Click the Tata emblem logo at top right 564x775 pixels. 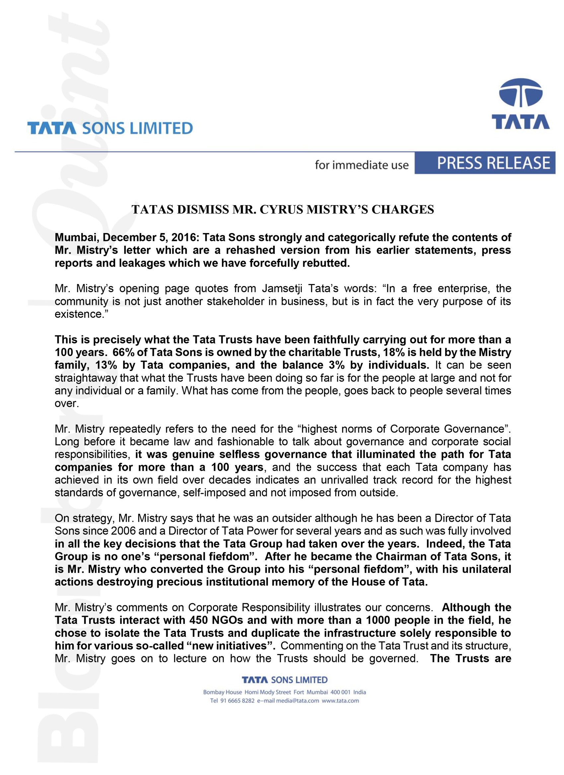point(520,104)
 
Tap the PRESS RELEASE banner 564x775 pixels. point(493,163)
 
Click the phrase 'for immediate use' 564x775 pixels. point(362,165)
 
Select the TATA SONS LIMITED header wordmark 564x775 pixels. point(110,129)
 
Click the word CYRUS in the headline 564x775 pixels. point(281,209)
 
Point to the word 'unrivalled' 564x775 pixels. point(344,480)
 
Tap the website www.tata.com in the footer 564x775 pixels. point(340,700)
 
